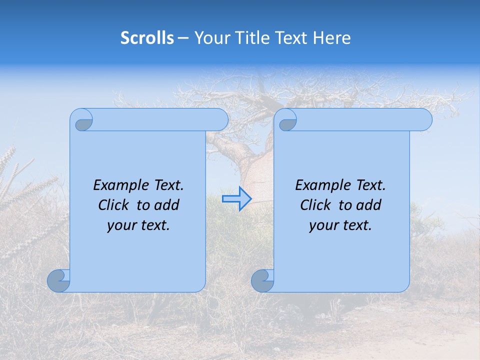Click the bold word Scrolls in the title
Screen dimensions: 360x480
click(x=147, y=38)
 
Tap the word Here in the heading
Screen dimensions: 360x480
click(x=332, y=38)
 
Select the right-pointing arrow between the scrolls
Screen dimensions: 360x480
click(x=236, y=199)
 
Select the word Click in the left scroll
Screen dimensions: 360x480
click(x=113, y=205)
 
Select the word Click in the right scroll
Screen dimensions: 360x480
click(x=315, y=205)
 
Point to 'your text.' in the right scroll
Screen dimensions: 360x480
click(x=340, y=225)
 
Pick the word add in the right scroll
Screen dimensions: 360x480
click(x=368, y=205)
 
